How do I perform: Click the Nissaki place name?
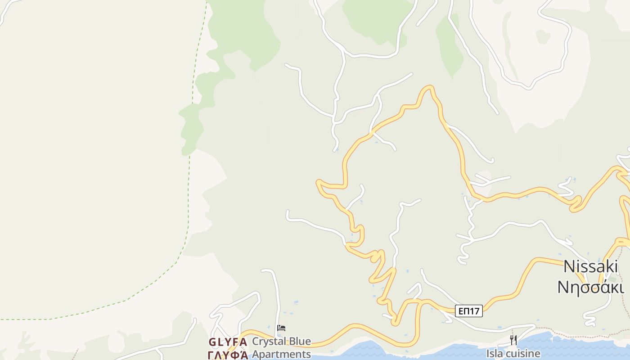point(590,266)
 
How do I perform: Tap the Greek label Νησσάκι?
point(590,287)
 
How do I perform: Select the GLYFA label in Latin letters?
point(228,342)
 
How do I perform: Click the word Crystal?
point(268,342)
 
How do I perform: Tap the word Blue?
point(298,342)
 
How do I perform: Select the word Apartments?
point(281,354)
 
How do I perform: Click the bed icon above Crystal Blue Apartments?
point(281,328)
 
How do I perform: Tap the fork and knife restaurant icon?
point(513,340)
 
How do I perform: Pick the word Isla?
point(495,354)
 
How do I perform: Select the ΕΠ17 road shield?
point(468,311)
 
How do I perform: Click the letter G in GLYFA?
point(212,342)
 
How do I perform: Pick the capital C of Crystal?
point(256,342)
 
